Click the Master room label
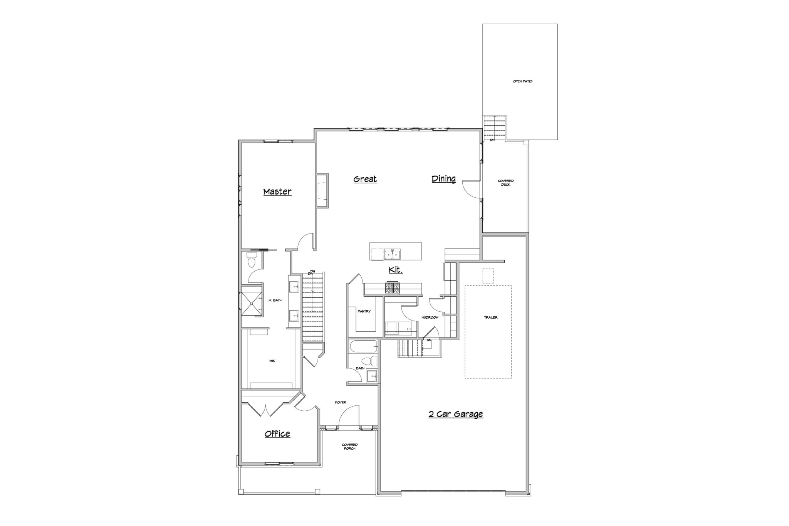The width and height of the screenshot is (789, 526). pos(277,192)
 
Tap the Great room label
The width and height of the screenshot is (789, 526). pos(365,179)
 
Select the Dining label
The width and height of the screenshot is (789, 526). pos(443,179)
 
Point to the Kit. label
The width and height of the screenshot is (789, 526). pos(395,270)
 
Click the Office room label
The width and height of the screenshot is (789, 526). pos(277,434)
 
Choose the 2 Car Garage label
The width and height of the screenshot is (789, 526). pos(456,414)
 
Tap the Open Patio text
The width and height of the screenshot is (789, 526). pos(522,82)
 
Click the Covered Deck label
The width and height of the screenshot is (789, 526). pos(505,183)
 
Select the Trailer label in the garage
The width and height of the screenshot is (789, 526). pos(491,318)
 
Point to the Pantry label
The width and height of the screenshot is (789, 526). pos(364,311)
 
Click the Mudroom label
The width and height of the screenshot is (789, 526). pos(430,318)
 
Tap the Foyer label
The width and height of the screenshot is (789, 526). pos(341,403)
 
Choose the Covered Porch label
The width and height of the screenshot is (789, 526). pos(349,447)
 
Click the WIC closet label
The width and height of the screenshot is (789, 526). pos(272,361)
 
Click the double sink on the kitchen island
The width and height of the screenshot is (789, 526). pos(392,254)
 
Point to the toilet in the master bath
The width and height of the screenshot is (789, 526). pos(251,260)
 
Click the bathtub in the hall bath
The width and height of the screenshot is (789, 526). pos(363,347)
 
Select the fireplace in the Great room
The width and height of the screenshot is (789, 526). pos(322,191)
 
